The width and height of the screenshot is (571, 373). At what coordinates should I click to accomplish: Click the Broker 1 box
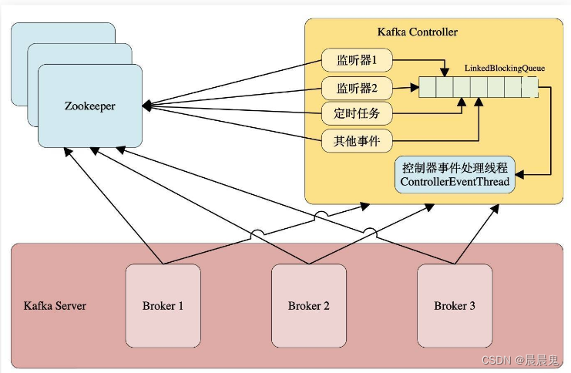click(x=163, y=305)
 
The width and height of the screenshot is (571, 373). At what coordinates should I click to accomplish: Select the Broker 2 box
click(x=308, y=305)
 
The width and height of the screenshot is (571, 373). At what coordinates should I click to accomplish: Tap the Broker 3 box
click(x=454, y=305)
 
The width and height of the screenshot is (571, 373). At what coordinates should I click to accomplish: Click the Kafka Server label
click(x=55, y=306)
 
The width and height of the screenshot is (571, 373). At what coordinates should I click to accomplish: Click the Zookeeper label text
click(x=90, y=106)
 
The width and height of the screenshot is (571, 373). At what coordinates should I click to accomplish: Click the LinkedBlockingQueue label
click(x=504, y=69)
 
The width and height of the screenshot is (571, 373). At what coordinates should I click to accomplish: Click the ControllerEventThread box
click(x=455, y=174)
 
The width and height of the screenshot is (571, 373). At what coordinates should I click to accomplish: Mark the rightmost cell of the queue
click(x=529, y=87)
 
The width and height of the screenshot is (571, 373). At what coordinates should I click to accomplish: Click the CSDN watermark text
click(x=526, y=360)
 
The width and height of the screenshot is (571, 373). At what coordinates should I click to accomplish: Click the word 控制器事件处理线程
click(x=455, y=167)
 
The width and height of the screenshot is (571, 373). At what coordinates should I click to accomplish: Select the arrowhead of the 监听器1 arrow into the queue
click(x=445, y=73)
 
